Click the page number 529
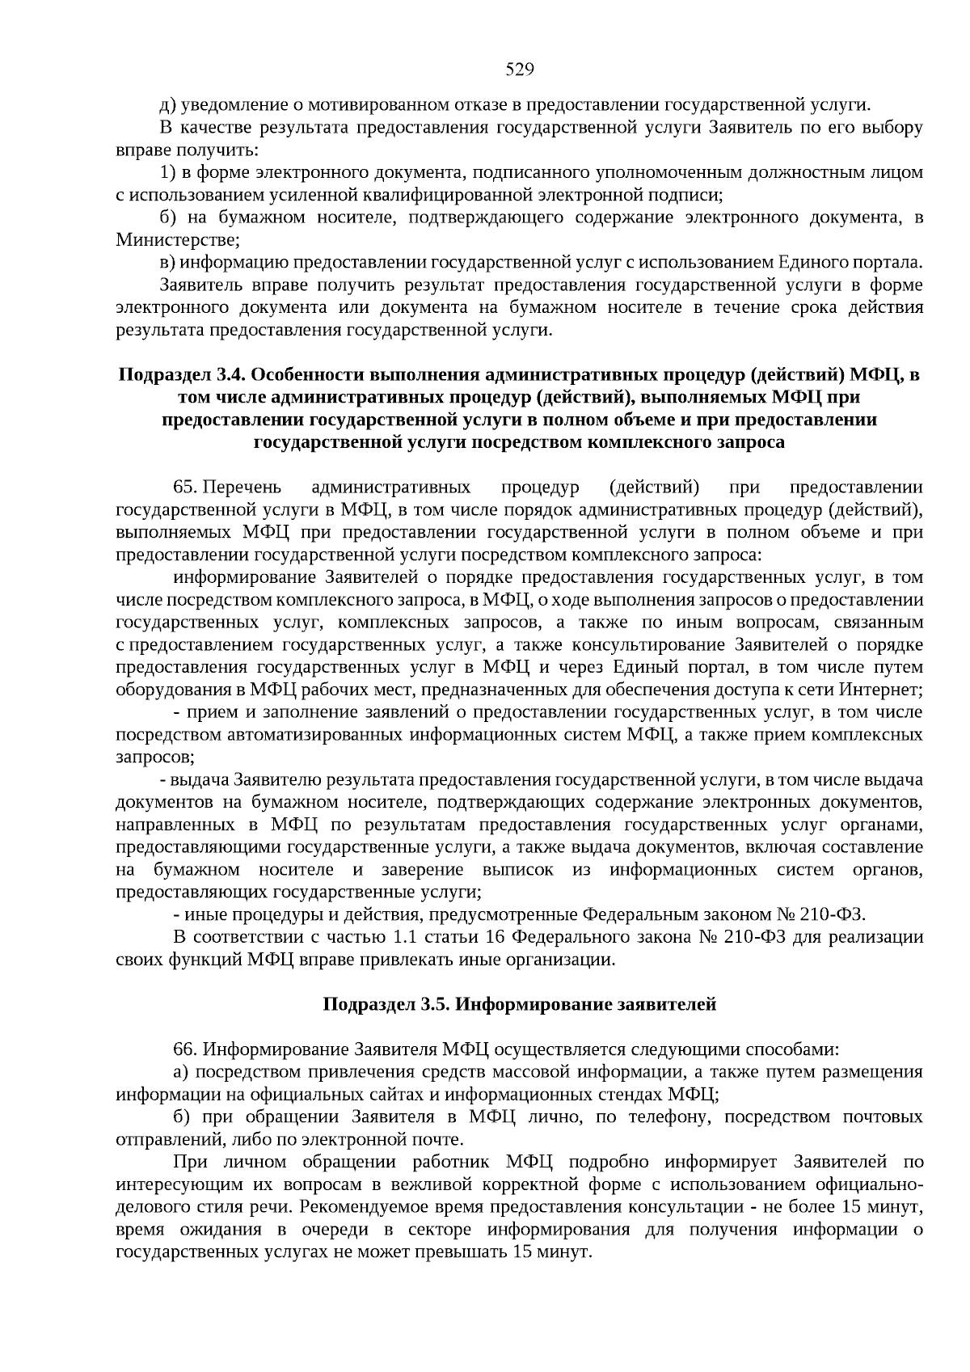point(520,70)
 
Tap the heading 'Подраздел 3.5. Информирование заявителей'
point(520,1005)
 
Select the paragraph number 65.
point(186,488)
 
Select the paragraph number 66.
point(186,1049)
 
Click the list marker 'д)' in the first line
point(168,105)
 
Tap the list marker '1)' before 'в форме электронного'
point(168,173)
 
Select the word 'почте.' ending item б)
point(441,1140)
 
